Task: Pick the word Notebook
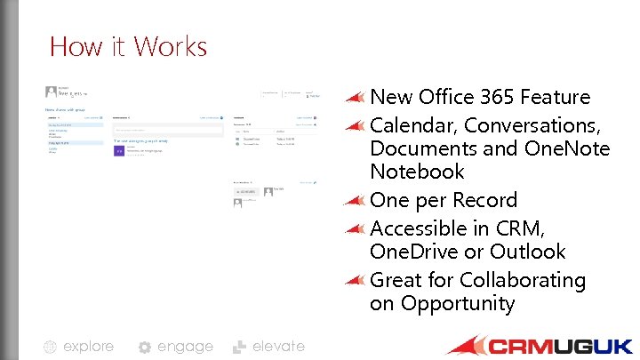(x=417, y=172)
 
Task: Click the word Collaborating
(x=523, y=280)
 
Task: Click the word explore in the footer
(x=89, y=346)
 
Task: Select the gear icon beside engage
(x=145, y=348)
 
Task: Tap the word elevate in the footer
(x=278, y=346)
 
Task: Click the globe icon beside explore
(x=51, y=348)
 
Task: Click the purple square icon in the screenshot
(x=119, y=151)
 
